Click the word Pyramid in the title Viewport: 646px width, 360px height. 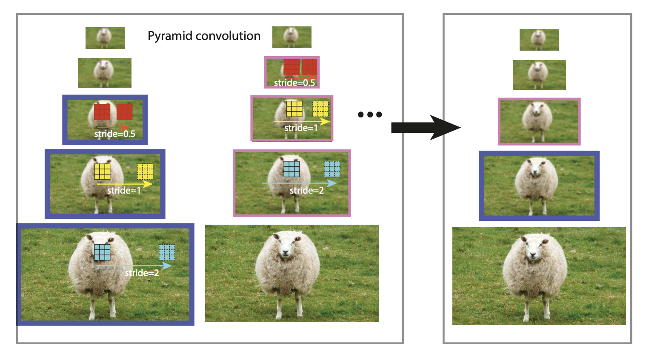[170, 36]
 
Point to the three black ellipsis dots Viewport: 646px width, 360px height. [370, 114]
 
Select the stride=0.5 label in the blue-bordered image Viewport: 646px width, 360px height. [114, 134]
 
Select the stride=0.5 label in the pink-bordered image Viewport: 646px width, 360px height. [294, 83]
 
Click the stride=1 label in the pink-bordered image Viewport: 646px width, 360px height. [301, 128]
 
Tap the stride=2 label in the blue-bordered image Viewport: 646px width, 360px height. [142, 273]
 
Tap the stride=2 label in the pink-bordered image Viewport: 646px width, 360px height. [306, 190]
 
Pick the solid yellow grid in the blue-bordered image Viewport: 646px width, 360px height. [102, 171]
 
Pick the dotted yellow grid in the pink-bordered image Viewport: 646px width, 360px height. [320, 109]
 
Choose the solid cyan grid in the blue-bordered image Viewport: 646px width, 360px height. [102, 252]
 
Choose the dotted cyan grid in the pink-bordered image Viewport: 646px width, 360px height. [332, 169]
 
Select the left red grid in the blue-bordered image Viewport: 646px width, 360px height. [102, 112]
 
